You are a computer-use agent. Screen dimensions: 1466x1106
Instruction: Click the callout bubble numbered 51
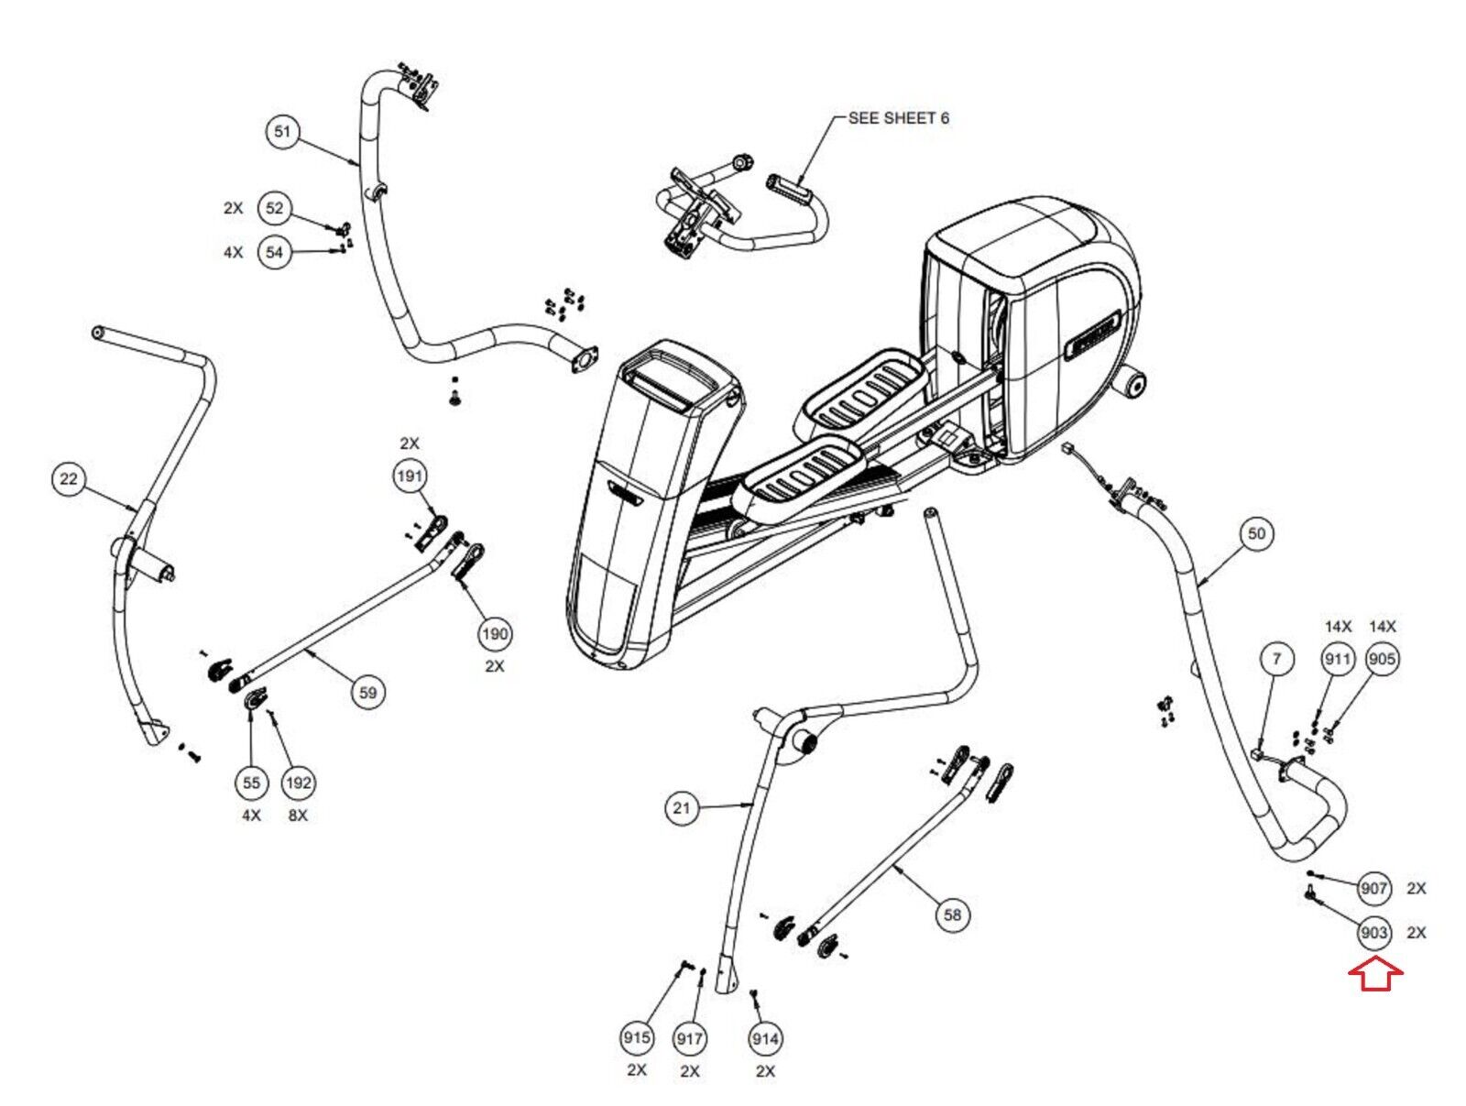click(282, 132)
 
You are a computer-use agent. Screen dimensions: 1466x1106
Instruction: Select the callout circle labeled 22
click(68, 479)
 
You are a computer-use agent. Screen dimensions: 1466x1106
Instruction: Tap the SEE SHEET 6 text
click(898, 118)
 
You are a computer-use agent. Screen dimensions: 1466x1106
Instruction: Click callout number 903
click(1373, 932)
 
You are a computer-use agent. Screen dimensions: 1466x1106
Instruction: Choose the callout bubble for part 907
click(1373, 888)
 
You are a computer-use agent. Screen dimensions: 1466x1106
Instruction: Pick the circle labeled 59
click(368, 693)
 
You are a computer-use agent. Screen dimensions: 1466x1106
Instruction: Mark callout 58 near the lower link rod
click(952, 914)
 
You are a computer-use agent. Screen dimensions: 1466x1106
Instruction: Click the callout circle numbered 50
click(1256, 533)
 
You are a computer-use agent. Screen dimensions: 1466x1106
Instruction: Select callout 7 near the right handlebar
click(1276, 659)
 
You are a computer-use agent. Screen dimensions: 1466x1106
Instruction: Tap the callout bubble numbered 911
click(1337, 659)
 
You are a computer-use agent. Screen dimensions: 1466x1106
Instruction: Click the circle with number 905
click(1381, 659)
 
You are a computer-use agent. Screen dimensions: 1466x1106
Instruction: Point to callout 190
click(495, 634)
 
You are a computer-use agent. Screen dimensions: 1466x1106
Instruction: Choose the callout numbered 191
click(410, 476)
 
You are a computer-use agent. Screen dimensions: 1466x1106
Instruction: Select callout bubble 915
click(636, 1038)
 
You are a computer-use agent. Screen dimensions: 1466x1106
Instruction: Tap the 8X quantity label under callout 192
click(298, 816)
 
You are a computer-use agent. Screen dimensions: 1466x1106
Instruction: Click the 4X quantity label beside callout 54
click(233, 253)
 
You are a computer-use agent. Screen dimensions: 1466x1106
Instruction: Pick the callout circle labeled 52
click(275, 208)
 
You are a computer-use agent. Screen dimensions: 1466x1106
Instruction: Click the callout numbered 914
click(765, 1039)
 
